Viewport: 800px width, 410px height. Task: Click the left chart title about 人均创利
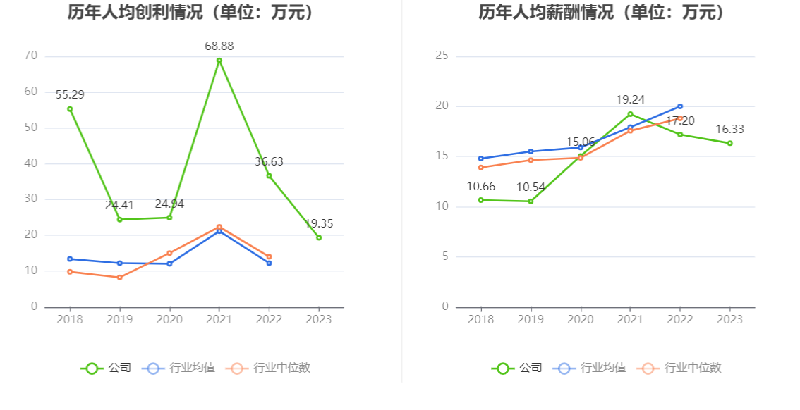191,13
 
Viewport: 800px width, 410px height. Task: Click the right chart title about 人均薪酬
602,13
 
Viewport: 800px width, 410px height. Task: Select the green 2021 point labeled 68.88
219,61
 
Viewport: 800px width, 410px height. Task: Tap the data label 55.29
70,94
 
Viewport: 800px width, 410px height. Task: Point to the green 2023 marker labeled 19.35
319,237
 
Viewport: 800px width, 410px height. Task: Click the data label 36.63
269,162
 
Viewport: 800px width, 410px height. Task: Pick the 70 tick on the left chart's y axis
30,56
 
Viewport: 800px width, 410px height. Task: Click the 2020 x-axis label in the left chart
169,320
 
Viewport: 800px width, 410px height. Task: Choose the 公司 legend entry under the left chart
107,368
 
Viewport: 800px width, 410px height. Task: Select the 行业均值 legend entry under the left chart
178,368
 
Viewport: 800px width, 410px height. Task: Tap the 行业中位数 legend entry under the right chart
679,368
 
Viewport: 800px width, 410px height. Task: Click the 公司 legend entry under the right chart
518,368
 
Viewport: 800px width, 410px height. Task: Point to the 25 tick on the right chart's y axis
442,56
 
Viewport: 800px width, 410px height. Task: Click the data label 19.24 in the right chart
630,100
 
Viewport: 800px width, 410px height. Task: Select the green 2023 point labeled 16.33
729,143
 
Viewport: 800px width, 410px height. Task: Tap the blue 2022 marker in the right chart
680,106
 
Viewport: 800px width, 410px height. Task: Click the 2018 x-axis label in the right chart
481,320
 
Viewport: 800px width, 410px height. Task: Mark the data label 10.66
481,187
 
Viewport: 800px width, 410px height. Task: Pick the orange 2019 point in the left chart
120,278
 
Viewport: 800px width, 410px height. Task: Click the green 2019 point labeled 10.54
531,201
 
